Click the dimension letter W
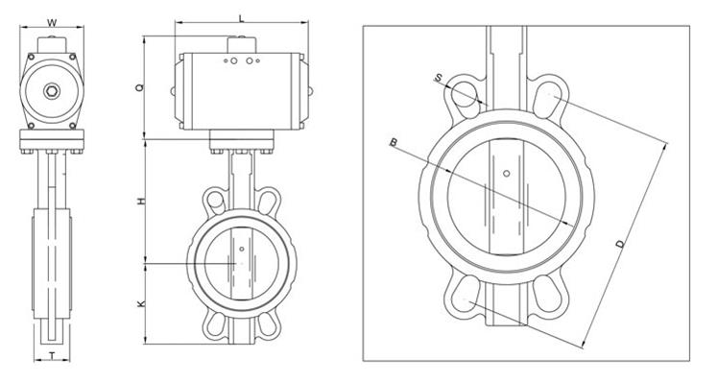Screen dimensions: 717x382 pyautogui.click(x=52, y=22)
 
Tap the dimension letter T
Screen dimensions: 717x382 pyautogui.click(x=52, y=355)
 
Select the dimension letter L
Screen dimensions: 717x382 pyautogui.click(x=242, y=18)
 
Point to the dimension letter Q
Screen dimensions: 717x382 pyautogui.click(x=140, y=86)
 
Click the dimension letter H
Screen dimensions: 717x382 pyautogui.click(x=141, y=201)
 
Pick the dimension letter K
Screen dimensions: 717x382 pyautogui.click(x=141, y=303)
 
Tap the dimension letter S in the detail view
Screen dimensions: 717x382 pyautogui.click(x=438, y=79)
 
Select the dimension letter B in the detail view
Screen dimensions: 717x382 pyautogui.click(x=394, y=142)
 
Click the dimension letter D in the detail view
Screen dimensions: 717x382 pyautogui.click(x=620, y=244)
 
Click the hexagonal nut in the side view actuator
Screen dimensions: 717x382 pyautogui.click(x=52, y=91)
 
